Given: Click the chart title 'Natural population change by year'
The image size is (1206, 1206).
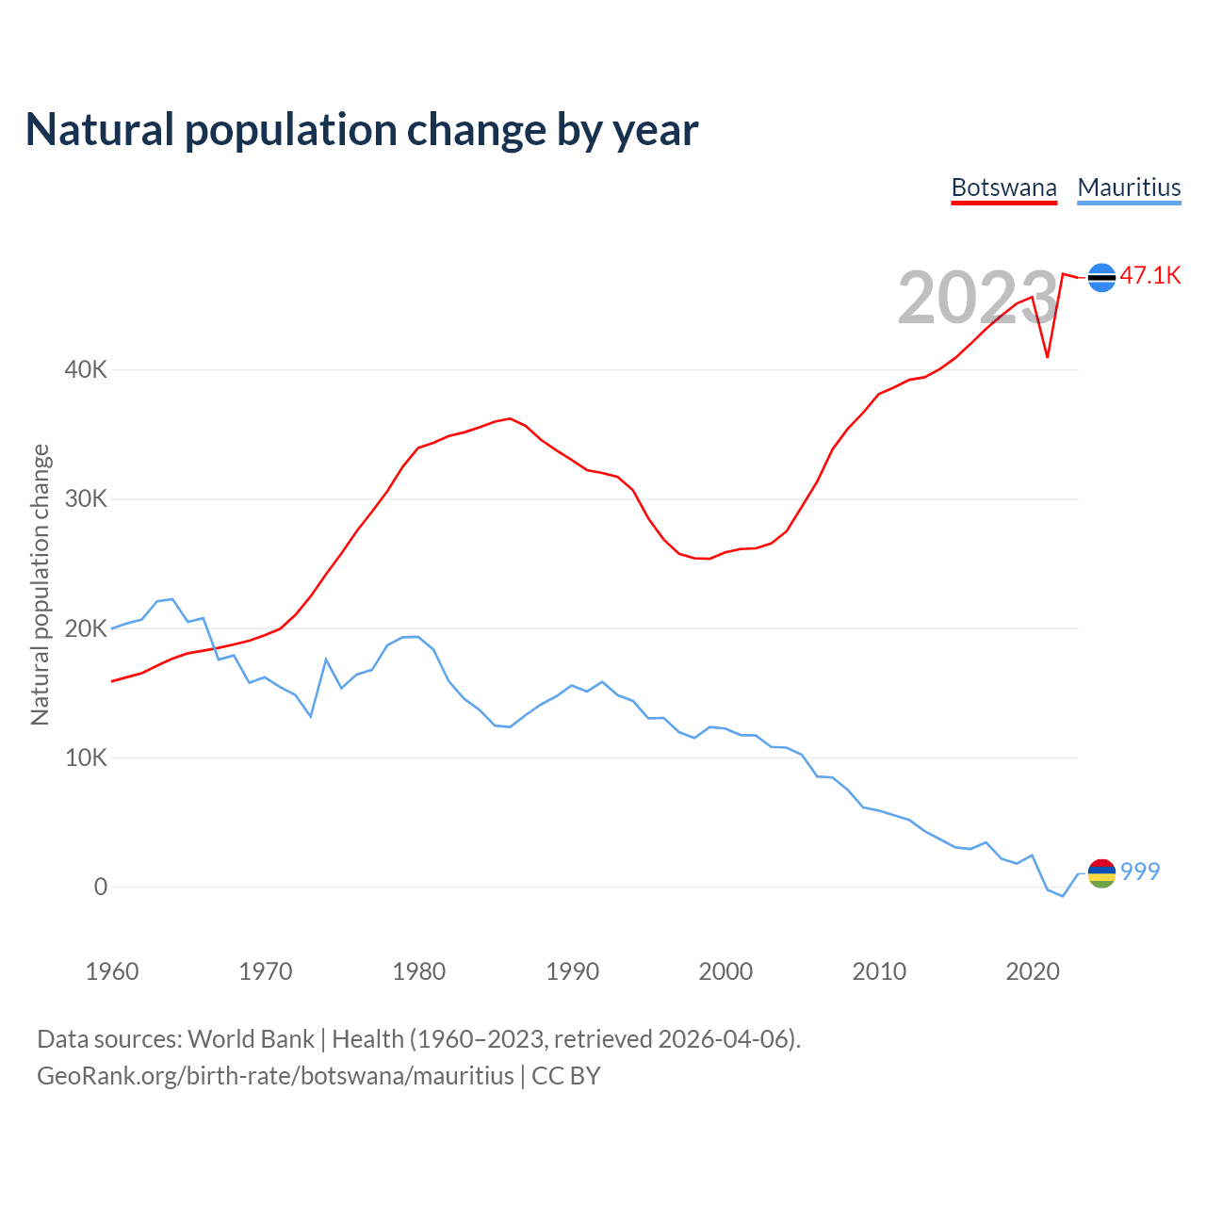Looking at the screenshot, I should point(362,130).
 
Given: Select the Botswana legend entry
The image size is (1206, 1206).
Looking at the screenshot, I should point(1003,187).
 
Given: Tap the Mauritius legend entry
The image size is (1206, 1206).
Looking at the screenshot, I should point(1129,187).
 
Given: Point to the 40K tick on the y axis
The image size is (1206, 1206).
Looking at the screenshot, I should point(86,369).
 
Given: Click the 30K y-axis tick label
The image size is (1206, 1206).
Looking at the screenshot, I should point(86,498).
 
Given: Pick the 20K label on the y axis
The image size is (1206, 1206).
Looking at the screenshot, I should point(86,628).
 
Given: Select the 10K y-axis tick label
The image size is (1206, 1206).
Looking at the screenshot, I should point(86,758).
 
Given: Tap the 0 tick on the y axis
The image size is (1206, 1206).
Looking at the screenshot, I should point(101,887).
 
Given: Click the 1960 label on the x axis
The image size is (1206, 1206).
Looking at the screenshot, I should point(112,971).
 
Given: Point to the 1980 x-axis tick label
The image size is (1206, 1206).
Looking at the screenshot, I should point(419,971).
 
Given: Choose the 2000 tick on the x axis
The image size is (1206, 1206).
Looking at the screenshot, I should point(725,971).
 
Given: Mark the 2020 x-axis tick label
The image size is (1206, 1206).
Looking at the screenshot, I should point(1033,971).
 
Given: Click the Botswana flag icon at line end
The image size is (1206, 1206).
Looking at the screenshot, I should point(1101,277).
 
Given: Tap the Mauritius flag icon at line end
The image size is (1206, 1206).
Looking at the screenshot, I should point(1101,873).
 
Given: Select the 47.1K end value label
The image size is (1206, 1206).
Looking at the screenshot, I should point(1150,275).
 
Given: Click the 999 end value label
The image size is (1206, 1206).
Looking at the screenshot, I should point(1140,872).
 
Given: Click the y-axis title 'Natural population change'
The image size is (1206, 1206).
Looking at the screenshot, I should point(41,584).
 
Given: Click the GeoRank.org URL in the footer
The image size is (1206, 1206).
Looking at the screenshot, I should point(275,1076).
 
